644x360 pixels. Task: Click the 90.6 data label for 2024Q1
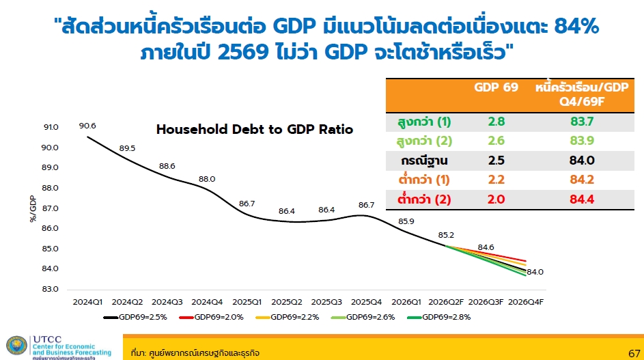[87, 126]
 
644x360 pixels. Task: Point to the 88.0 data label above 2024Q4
[207, 179]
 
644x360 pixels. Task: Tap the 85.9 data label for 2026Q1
[406, 221]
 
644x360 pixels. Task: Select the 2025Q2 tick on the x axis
[287, 302]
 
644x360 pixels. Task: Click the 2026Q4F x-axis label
[526, 302]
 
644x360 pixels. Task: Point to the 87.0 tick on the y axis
[50, 208]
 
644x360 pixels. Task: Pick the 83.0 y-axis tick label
[50, 289]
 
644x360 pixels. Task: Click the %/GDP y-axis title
[33, 209]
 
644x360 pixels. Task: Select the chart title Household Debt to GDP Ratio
[255, 130]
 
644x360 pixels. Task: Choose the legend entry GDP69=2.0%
[212, 317]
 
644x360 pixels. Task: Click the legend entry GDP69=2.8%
[438, 317]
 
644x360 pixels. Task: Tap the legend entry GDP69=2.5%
[135, 317]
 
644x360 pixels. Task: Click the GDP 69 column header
[496, 87]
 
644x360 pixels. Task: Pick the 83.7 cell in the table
[582, 122]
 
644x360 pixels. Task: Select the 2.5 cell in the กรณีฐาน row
[496, 161]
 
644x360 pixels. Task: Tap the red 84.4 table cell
[582, 199]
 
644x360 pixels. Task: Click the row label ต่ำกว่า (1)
[424, 179]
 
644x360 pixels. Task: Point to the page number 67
[634, 353]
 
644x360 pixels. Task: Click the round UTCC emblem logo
[17, 345]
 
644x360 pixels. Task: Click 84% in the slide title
[576, 27]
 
